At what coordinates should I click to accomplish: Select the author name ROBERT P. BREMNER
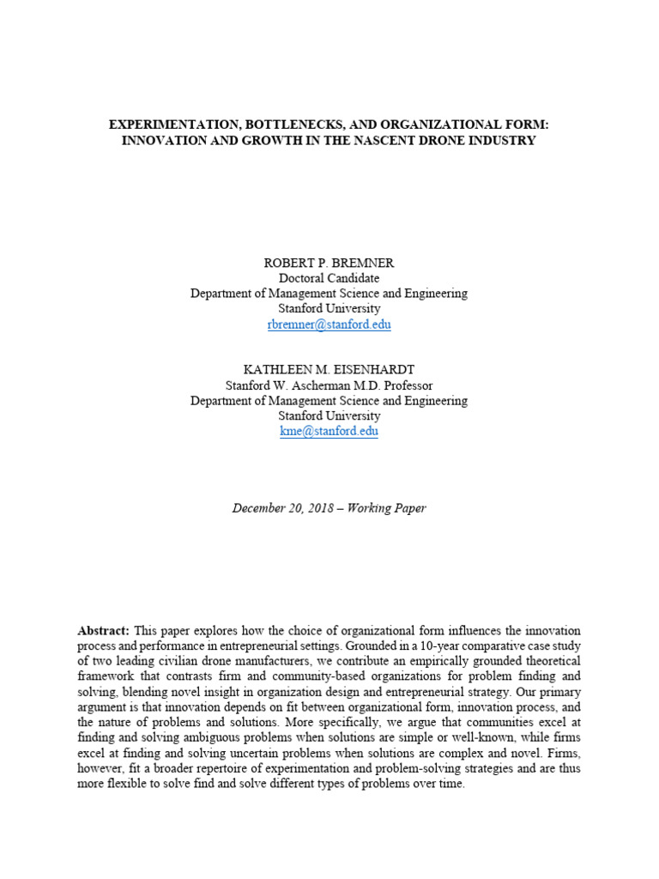[x=329, y=264]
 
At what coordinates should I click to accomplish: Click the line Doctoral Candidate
[x=329, y=278]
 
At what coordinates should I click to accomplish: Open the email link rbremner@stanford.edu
[x=329, y=324]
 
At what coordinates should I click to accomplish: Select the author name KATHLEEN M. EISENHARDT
[x=329, y=370]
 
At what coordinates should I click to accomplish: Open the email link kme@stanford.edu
[x=329, y=432]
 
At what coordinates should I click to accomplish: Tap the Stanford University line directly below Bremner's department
[x=329, y=309]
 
